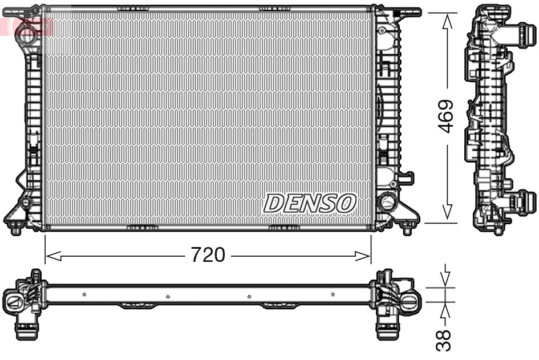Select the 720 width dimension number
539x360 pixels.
tap(208, 255)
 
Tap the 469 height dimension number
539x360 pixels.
tap(446, 116)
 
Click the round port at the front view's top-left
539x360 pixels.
tap(26, 32)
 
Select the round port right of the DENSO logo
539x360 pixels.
tap(387, 201)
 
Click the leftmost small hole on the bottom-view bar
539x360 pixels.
tap(84, 294)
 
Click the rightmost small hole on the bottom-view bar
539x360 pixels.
tap(333, 294)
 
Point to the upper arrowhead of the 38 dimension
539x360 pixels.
tap(447, 278)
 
